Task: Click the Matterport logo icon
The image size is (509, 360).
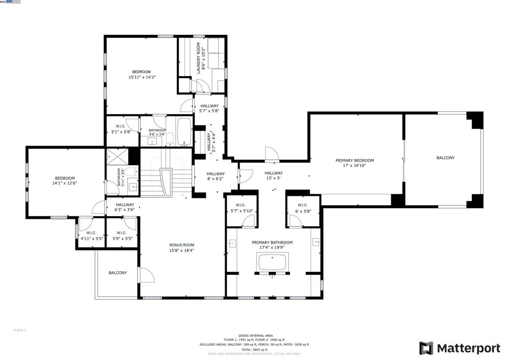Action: pyautogui.click(x=426, y=348)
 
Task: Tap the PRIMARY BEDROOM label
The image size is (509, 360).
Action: pyautogui.click(x=354, y=161)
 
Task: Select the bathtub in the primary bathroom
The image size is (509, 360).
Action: pyautogui.click(x=272, y=262)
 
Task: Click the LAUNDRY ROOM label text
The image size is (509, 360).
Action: pyautogui.click(x=198, y=58)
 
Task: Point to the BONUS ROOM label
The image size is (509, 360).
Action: pyautogui.click(x=181, y=245)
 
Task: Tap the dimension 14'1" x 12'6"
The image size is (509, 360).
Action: pyautogui.click(x=65, y=183)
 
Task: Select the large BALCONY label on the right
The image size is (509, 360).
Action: pyautogui.click(x=445, y=158)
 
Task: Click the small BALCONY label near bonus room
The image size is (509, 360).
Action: pyautogui.click(x=118, y=272)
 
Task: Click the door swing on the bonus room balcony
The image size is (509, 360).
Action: pyautogui.click(x=145, y=274)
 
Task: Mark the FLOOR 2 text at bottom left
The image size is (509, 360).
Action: pyautogui.click(x=19, y=330)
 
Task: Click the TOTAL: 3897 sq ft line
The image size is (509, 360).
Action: pyautogui.click(x=254, y=350)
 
